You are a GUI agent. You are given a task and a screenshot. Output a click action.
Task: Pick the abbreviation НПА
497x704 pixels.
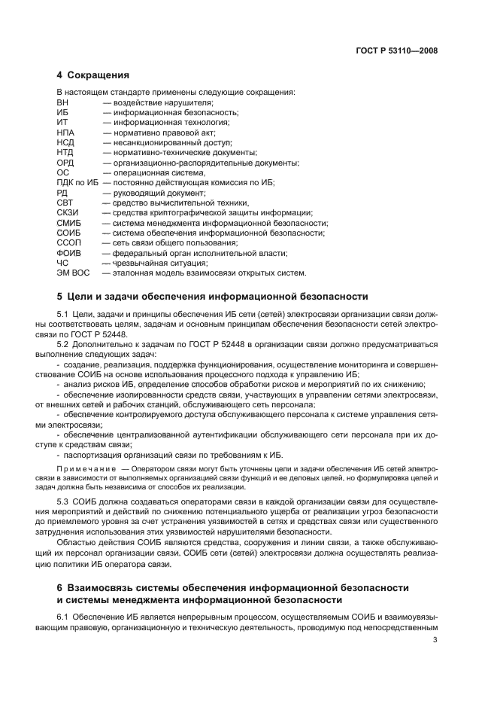pyautogui.click(x=65, y=132)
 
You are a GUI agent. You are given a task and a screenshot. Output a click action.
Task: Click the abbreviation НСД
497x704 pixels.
pyautogui.click(x=65, y=142)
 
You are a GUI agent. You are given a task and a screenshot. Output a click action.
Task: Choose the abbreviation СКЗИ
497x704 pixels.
pyautogui.click(x=68, y=212)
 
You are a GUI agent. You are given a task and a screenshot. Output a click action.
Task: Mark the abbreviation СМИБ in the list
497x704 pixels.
pyautogui.click(x=68, y=223)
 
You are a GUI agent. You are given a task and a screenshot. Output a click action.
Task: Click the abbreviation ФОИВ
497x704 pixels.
pyautogui.click(x=68, y=253)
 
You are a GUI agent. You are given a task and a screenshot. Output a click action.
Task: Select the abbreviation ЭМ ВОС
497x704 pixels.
pyautogui.click(x=71, y=273)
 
